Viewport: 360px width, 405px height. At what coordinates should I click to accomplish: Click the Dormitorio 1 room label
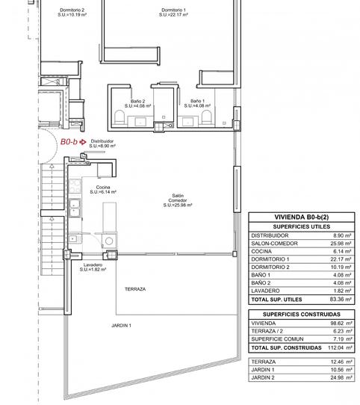173,12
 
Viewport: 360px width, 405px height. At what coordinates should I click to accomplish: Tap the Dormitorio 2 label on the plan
72,12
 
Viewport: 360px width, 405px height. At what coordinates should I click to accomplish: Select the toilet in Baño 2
120,117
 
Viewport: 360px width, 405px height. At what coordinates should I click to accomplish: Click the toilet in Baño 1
206,117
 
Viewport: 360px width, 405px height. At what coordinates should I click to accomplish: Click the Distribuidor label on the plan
102,143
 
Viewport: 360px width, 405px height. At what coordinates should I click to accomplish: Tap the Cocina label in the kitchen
103,189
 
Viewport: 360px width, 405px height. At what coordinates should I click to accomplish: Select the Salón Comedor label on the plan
178,200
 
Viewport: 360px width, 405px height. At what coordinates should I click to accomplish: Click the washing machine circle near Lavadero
109,241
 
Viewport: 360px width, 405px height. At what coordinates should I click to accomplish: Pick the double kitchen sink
75,208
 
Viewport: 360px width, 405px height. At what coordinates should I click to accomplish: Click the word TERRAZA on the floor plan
135,289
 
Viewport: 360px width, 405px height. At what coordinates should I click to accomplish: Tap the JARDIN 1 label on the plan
122,326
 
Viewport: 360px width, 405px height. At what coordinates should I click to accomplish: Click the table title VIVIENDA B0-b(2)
302,217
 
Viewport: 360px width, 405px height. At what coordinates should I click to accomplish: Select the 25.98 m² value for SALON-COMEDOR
341,244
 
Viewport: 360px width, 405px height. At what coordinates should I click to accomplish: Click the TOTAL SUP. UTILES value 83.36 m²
341,299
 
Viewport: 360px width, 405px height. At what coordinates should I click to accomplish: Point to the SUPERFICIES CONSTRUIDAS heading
302,315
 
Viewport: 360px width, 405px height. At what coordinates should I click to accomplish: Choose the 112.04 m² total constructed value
340,347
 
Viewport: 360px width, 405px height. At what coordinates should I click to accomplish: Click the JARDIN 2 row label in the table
263,377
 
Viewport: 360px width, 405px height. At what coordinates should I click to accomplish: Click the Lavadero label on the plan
93,267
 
